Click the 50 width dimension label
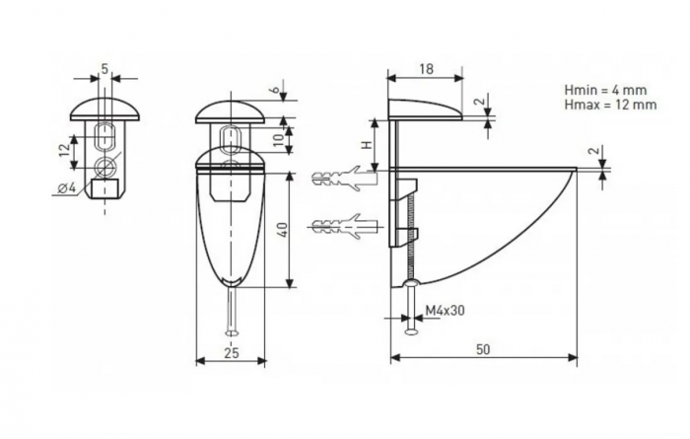483,349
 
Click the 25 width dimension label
232,353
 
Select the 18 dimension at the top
426,69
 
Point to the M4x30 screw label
445,311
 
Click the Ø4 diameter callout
67,188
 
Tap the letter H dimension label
368,144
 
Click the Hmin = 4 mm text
605,90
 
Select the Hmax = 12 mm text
610,105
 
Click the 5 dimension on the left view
104,69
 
